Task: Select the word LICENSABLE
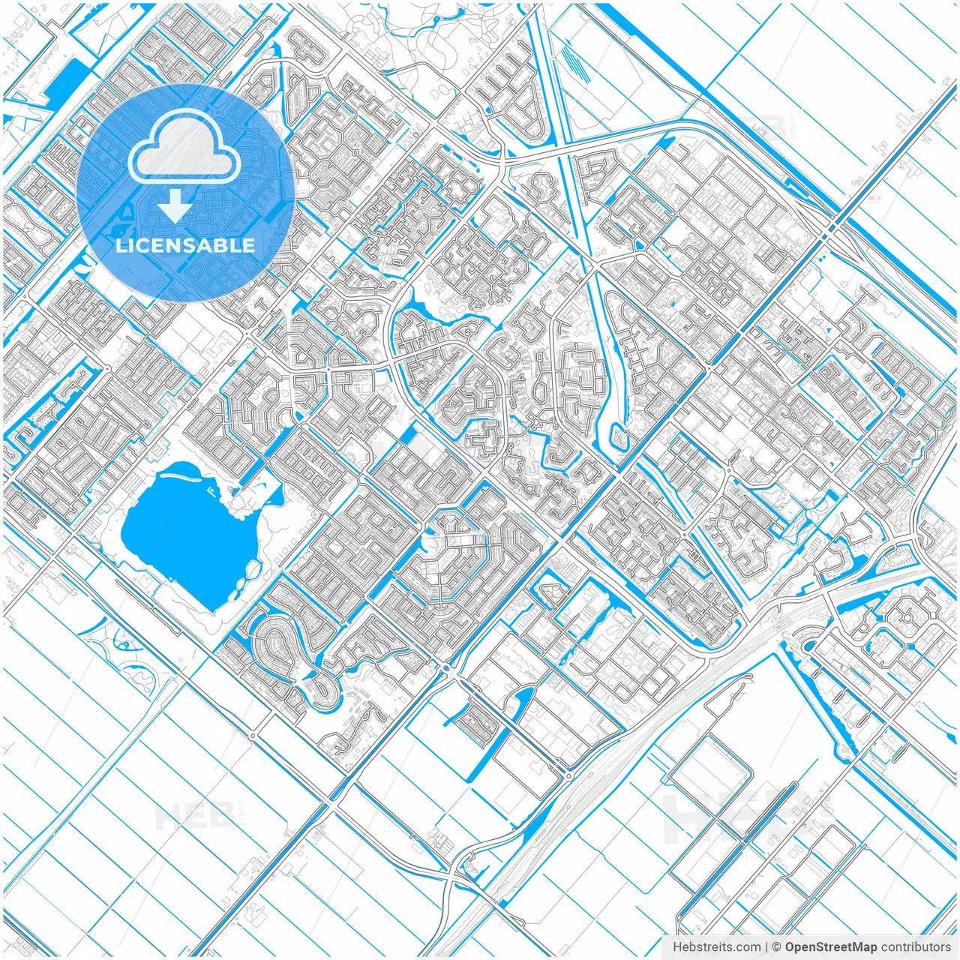tap(185, 245)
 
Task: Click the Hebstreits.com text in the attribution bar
tap(716, 947)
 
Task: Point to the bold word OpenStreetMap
tap(831, 947)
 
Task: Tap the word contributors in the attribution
tap(916, 947)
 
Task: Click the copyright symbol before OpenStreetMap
tap(777, 947)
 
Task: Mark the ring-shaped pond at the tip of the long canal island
tap(617, 435)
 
